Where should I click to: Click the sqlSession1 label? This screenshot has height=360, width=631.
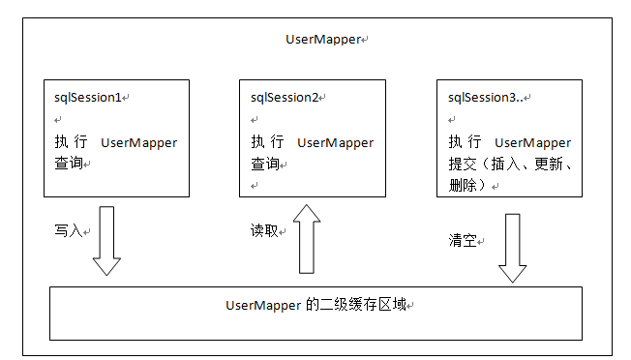(88, 98)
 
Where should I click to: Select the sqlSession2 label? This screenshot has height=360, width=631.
(285, 97)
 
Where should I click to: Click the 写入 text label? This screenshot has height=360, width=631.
(69, 231)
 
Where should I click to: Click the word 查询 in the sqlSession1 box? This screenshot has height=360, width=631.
(69, 164)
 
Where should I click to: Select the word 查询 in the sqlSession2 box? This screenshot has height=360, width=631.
(264, 164)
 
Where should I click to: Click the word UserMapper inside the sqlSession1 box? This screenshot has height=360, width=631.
(139, 142)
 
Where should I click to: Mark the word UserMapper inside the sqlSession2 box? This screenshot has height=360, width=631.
(335, 142)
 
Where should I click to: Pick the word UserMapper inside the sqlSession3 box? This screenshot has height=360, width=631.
(533, 142)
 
